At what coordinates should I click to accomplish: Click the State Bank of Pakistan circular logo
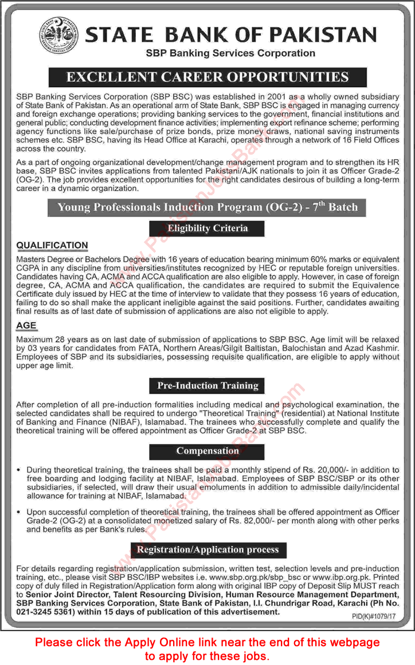[57, 36]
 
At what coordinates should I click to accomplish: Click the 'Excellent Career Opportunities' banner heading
[207, 76]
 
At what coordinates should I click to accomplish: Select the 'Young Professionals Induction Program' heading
[207, 207]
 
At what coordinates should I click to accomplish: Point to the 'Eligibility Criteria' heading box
[207, 228]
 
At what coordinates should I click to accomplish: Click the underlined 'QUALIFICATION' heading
[52, 245]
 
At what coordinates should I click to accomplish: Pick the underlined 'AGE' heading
[26, 325]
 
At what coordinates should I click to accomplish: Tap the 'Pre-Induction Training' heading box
[207, 385]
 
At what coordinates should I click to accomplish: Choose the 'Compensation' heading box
[207, 451]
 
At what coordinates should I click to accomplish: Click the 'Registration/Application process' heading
[207, 550]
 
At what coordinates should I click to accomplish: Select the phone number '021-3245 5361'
[44, 612]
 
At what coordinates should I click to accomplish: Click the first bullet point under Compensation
[21, 470]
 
